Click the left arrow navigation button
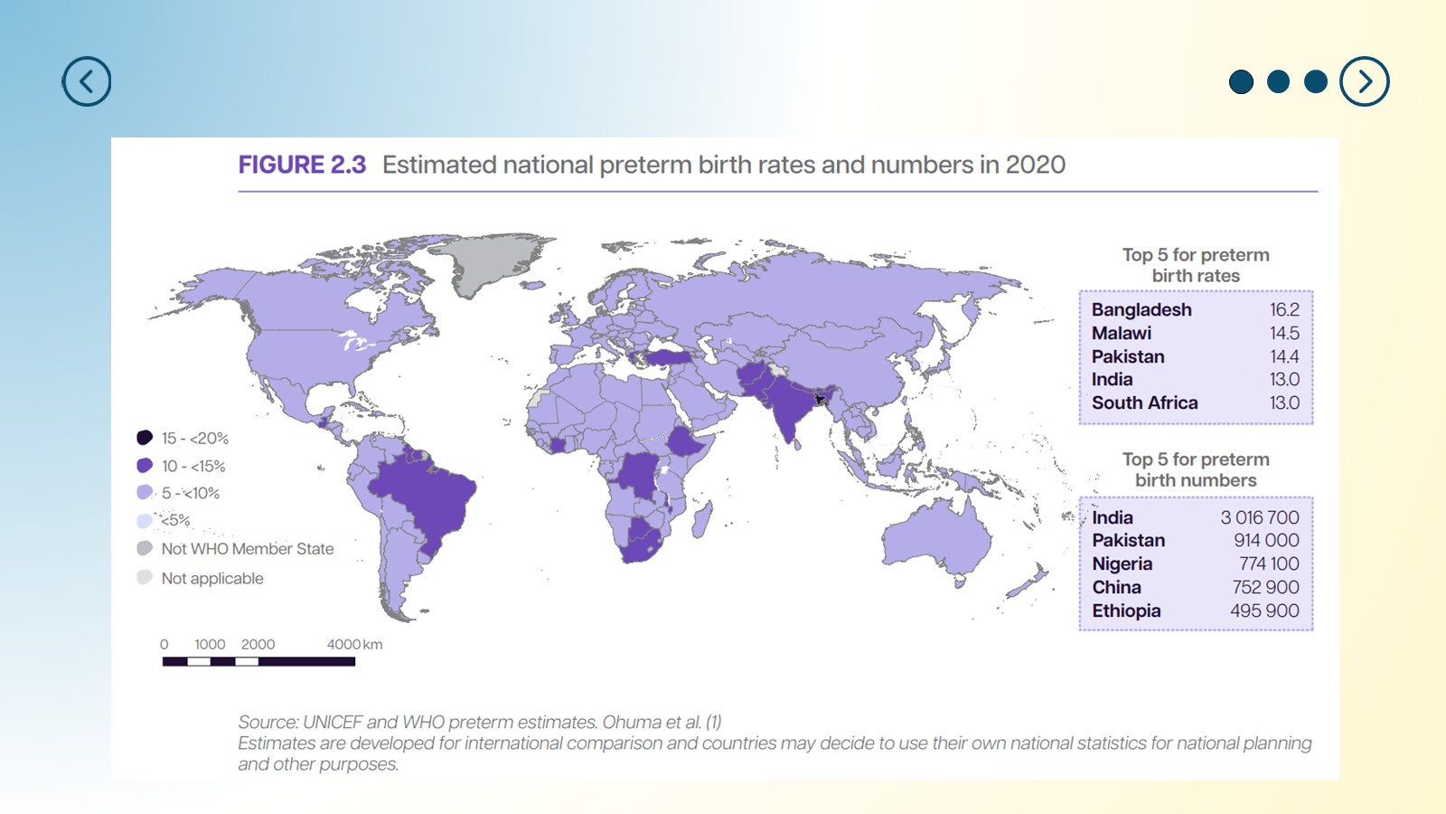[87, 81]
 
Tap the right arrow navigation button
[1364, 81]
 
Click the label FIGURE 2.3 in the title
[302, 165]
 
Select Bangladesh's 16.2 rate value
[1284, 309]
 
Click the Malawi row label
[1122, 333]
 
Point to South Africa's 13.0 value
[1284, 402]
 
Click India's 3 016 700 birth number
[1260, 517]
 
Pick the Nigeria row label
[1122, 564]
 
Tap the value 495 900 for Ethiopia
[1264, 610]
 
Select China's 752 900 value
[1265, 587]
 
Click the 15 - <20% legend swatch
[145, 438]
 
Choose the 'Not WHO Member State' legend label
[248, 548]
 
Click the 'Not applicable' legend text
[212, 578]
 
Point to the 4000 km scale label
[354, 644]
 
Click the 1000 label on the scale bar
[210, 644]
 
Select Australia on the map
[936, 539]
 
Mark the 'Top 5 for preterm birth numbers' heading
[1196, 469]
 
